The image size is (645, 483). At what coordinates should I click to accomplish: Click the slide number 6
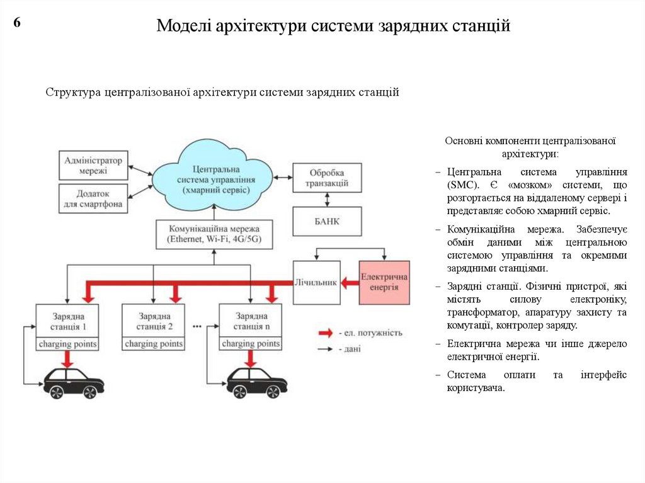point(17,23)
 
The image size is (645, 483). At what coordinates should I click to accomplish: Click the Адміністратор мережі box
point(93,165)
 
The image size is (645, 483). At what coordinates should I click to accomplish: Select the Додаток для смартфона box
point(93,199)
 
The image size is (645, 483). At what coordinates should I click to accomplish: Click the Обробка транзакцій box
point(327,178)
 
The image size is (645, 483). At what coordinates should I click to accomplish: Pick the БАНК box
point(327,221)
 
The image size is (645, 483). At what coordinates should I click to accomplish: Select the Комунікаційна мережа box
point(214,234)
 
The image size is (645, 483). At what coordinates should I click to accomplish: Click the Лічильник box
point(316,282)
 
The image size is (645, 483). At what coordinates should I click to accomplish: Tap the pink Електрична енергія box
point(384,282)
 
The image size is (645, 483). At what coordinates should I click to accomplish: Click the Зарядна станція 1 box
point(67,321)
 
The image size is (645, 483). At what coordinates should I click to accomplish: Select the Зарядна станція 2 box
point(153,321)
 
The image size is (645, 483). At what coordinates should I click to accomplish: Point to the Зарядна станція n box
point(251,321)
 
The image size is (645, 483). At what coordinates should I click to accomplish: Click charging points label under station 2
point(153,344)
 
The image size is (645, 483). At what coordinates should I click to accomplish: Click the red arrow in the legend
point(324,333)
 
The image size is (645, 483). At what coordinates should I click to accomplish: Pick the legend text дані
point(349,348)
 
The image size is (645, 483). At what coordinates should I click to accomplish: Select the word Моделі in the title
point(184,26)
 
